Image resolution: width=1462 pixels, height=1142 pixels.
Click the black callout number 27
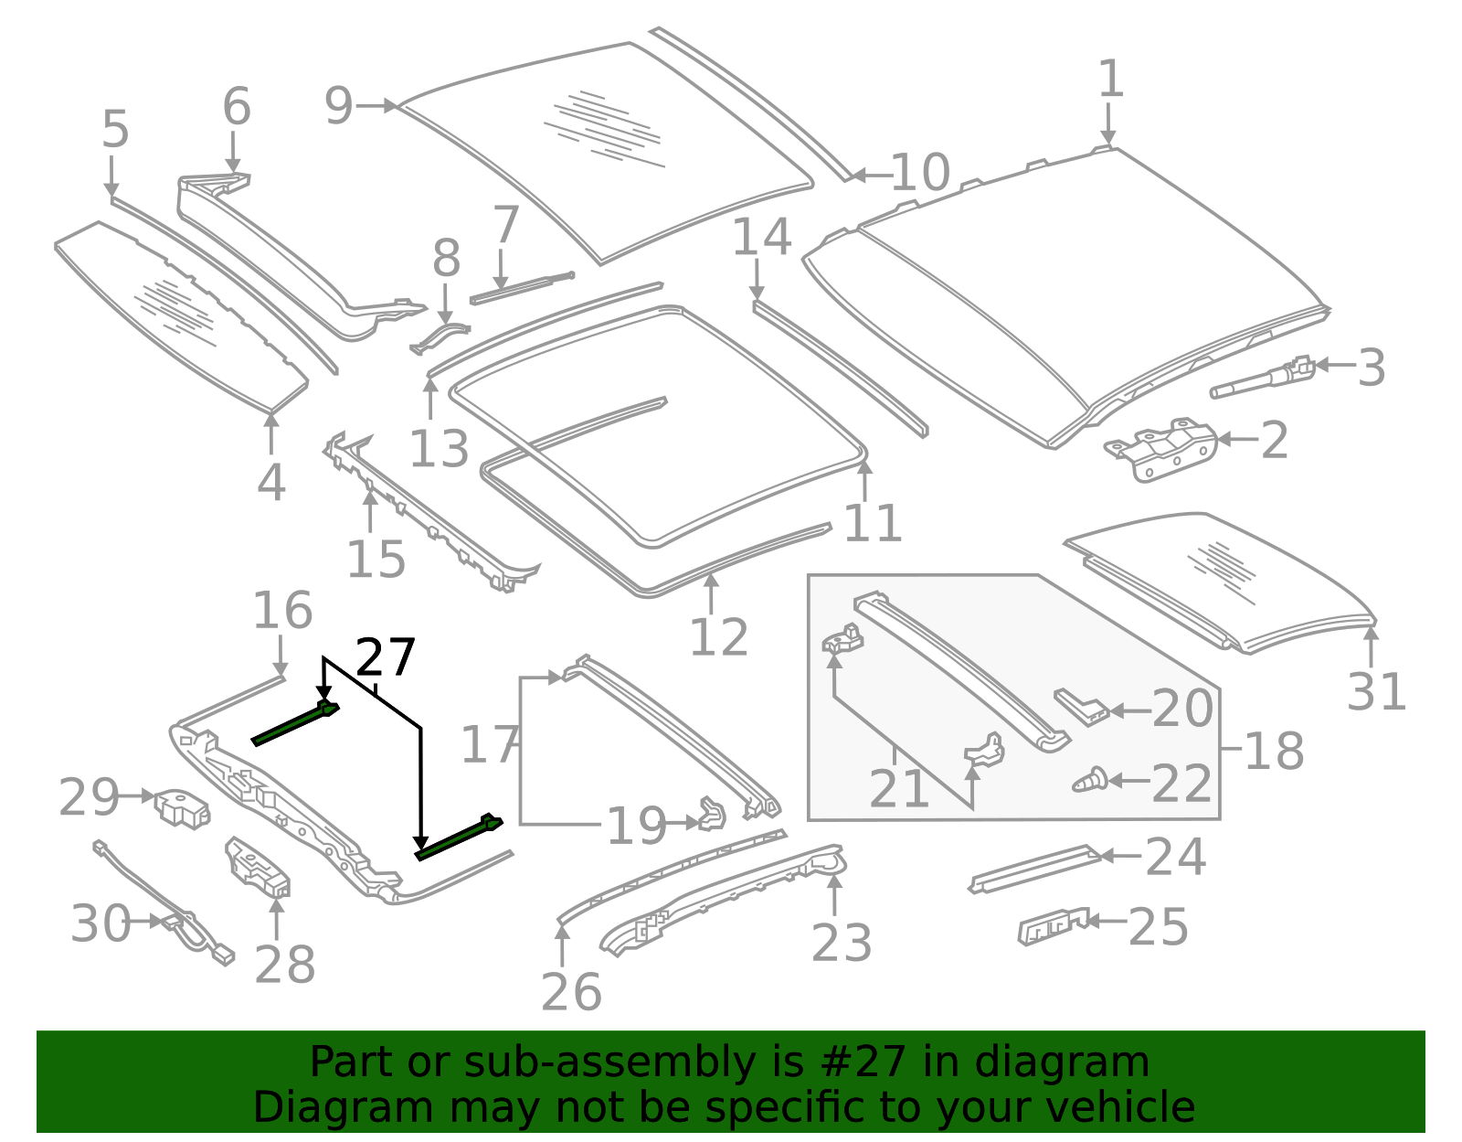(386, 657)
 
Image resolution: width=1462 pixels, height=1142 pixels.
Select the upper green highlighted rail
(294, 723)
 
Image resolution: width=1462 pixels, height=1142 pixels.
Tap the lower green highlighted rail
(457, 838)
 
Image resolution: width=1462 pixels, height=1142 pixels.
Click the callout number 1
(1110, 80)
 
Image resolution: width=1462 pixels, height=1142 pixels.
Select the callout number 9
(338, 106)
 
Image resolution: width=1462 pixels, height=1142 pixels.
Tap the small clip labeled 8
(439, 336)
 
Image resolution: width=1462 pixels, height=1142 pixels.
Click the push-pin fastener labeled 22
(1089, 782)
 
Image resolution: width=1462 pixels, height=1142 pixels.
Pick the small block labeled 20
(1082, 706)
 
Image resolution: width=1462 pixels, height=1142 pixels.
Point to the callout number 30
(101, 923)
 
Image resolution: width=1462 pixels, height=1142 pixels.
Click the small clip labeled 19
(711, 814)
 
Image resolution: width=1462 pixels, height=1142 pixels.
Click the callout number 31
(1376, 692)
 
